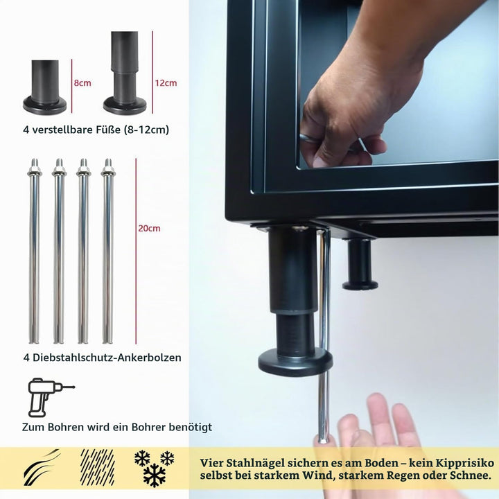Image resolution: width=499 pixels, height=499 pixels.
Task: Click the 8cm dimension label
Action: tap(82, 83)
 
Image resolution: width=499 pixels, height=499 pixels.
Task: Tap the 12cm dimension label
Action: tap(166, 83)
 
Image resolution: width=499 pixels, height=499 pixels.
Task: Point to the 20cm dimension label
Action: tap(149, 228)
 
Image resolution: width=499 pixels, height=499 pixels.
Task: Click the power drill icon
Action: tap(51, 397)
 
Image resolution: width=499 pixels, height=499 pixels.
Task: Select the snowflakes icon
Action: tap(155, 468)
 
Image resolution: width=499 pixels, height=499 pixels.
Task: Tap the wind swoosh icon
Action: tap(42, 468)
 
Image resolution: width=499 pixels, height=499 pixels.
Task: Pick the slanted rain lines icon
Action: tap(98, 467)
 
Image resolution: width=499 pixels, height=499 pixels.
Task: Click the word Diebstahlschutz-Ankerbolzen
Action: tap(107, 358)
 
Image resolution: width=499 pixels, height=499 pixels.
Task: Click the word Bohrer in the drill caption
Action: tap(148, 427)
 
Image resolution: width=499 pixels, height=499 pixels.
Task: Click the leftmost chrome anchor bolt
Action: tap(35, 251)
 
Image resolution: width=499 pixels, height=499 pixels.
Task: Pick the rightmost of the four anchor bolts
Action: tap(108, 251)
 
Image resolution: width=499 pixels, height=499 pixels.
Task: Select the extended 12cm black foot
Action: tap(125, 73)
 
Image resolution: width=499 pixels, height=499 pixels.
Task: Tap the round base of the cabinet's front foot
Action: tap(295, 362)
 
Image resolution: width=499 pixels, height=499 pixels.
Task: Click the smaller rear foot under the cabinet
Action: tap(360, 264)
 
